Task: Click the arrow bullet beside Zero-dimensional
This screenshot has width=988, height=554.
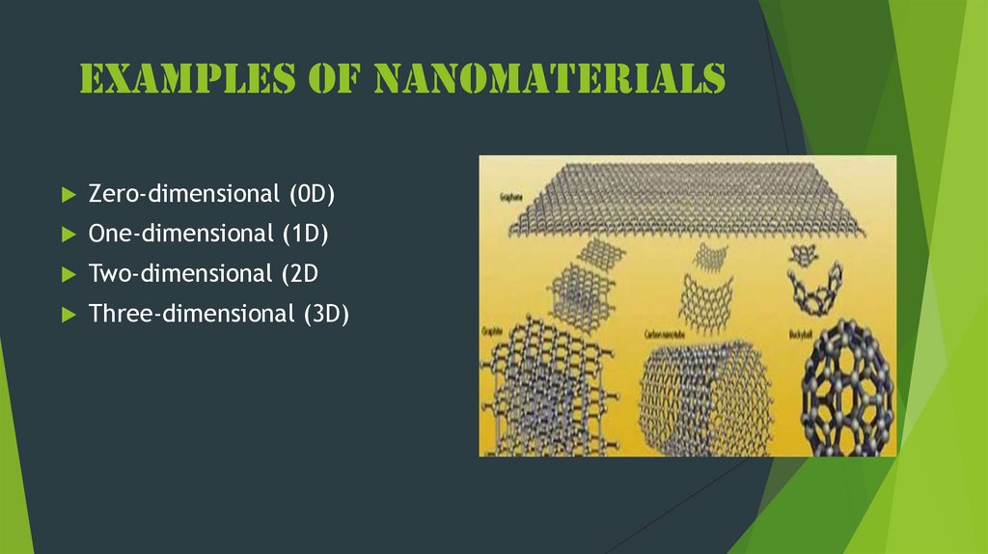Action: click(x=68, y=195)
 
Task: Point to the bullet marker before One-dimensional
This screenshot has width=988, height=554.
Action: click(x=68, y=235)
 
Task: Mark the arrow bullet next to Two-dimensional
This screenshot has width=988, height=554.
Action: click(x=68, y=274)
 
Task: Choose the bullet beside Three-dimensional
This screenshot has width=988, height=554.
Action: click(x=68, y=314)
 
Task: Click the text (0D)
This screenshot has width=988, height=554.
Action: click(x=310, y=194)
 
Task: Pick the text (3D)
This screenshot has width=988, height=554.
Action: click(x=323, y=313)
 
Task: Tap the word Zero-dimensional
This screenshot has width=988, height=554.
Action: click(x=183, y=194)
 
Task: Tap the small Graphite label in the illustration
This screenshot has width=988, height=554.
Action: click(x=494, y=334)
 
